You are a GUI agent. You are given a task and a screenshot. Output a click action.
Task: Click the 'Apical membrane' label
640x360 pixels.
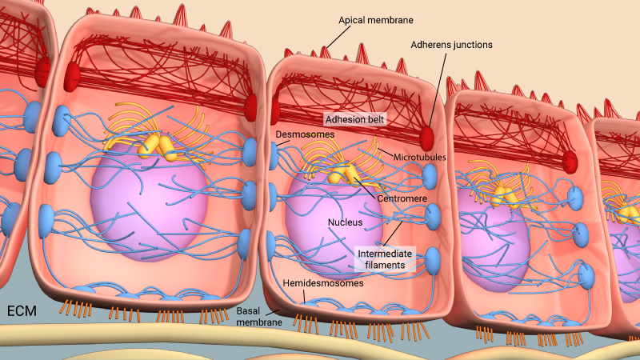coord(375,21)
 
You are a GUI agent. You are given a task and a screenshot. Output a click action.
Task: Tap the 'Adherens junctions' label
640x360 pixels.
coord(451,45)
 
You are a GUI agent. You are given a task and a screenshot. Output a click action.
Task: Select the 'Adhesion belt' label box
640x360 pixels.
coord(354,119)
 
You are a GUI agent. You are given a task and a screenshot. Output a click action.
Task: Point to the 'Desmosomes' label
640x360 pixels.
coord(305,134)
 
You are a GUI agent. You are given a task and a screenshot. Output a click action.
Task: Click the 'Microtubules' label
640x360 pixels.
coord(419,157)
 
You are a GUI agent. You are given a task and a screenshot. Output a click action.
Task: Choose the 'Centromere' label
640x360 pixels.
coord(402,198)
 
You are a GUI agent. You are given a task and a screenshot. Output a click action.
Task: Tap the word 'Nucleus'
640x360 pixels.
coord(346,222)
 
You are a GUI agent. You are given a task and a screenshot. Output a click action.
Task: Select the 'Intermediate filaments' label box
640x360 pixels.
coord(385,259)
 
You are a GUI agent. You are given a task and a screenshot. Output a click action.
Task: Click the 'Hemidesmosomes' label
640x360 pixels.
coord(323,283)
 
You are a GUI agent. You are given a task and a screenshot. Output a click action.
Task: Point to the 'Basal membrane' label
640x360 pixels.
coord(259,316)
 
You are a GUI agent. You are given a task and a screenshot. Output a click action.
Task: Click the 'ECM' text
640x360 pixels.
coord(22,311)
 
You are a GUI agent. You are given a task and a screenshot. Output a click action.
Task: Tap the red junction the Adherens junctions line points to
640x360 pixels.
coord(426,138)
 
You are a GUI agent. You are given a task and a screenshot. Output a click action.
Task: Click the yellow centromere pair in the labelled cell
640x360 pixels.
coord(344,174)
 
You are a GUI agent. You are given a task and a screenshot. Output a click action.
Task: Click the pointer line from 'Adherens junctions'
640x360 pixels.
coord(437,89)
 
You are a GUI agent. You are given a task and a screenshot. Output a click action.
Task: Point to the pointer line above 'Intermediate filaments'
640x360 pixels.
coord(392,234)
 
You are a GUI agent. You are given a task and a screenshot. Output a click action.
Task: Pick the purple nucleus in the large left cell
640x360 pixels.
coord(149,197)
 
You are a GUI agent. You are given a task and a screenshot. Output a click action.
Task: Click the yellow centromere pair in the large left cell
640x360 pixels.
coord(157,148)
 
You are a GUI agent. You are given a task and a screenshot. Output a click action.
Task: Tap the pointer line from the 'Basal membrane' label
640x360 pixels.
coord(272,312)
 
